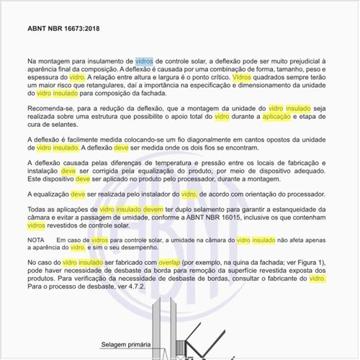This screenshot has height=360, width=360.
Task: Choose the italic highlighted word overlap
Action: tap(173, 264)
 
